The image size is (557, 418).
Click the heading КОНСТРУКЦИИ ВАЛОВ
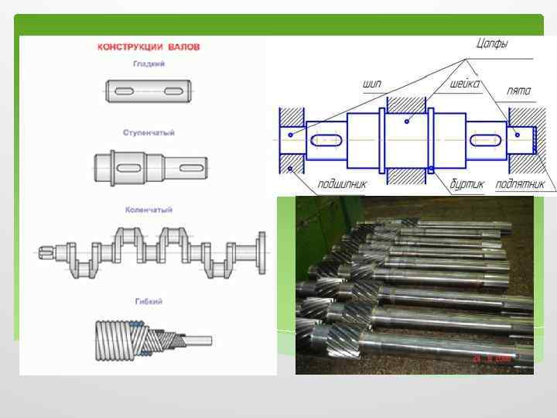point(149,46)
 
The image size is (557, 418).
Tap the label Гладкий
point(149,63)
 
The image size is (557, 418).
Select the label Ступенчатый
point(149,132)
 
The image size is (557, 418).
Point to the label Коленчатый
point(149,210)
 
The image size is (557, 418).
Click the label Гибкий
point(149,300)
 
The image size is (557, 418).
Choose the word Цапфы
point(491,44)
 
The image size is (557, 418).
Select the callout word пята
point(518,91)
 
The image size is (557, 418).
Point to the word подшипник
point(342,184)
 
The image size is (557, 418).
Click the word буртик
point(467,184)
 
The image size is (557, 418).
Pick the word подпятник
point(520,184)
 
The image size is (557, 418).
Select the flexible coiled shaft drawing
point(151,341)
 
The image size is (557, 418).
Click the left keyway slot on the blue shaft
point(324,141)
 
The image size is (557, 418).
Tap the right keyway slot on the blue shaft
point(484,141)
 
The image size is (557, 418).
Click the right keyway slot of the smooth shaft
point(173,91)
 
